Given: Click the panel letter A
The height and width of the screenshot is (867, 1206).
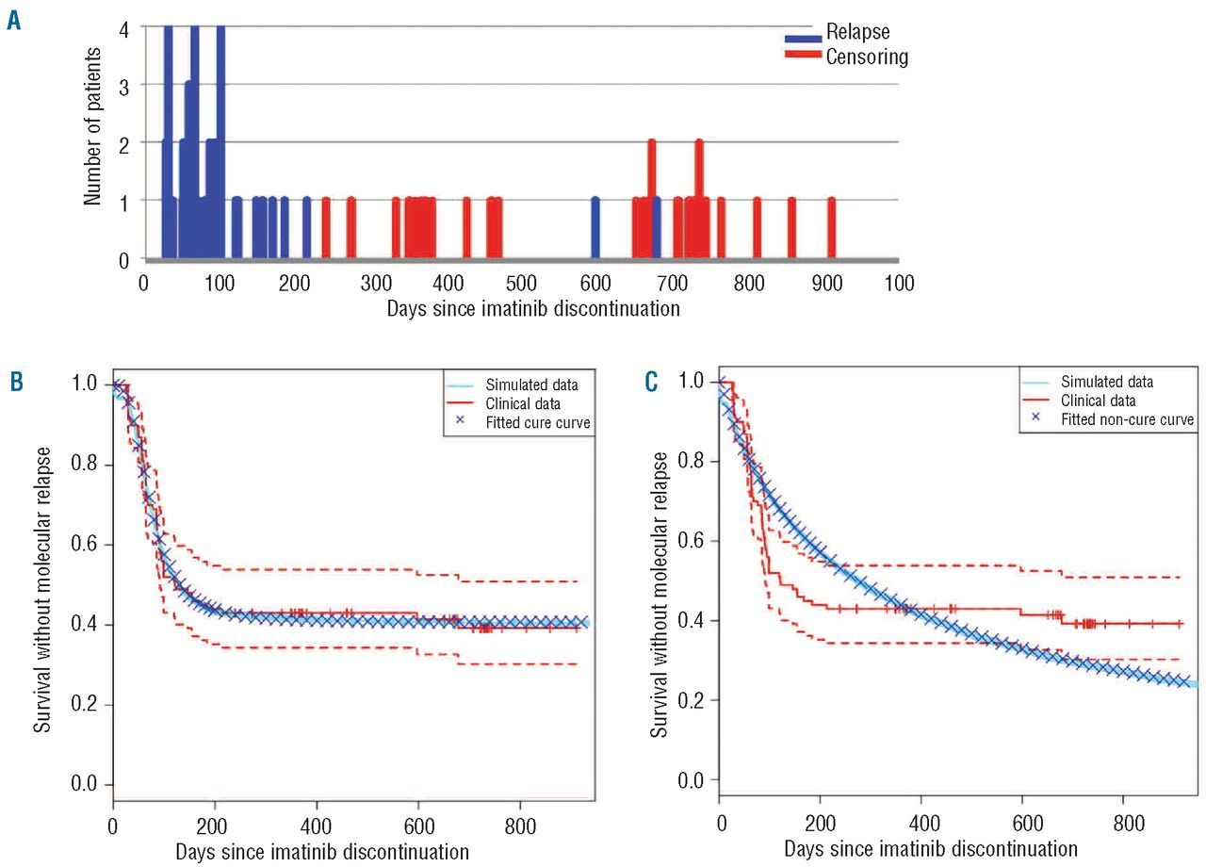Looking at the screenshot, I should [13, 21].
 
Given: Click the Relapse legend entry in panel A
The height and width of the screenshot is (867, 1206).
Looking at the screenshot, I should [857, 33].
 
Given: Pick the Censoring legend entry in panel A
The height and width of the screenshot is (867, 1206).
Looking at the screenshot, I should [867, 57].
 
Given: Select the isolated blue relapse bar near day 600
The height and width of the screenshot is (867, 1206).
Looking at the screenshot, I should [595, 227].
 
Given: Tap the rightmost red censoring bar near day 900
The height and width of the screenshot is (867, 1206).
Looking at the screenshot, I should [831, 227].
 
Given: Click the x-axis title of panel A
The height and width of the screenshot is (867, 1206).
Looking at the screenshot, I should [533, 308].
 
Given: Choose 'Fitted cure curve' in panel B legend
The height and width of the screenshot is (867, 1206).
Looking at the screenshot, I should [538, 423].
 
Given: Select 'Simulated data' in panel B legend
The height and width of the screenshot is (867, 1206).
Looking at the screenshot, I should [532, 384].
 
